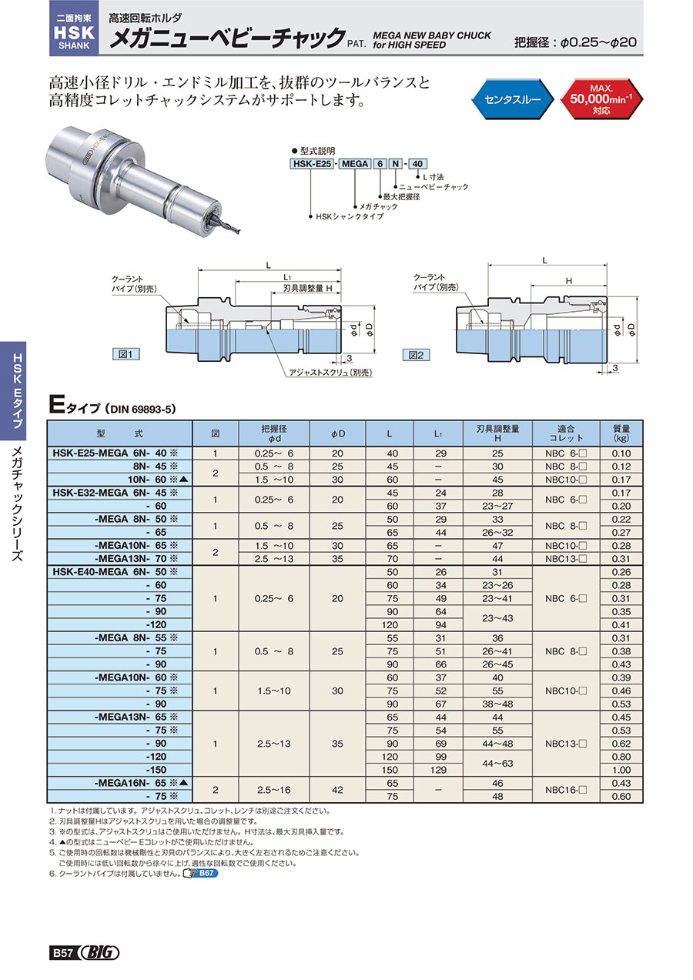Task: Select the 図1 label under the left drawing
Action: pos(125,355)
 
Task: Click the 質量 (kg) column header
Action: pos(621,433)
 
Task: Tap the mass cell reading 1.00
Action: pos(621,769)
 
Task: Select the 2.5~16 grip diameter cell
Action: pos(274,790)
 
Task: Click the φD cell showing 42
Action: pos(337,790)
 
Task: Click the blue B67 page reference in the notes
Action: pos(201,874)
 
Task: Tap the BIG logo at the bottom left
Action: pos(98,952)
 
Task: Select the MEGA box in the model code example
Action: pos(355,164)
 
